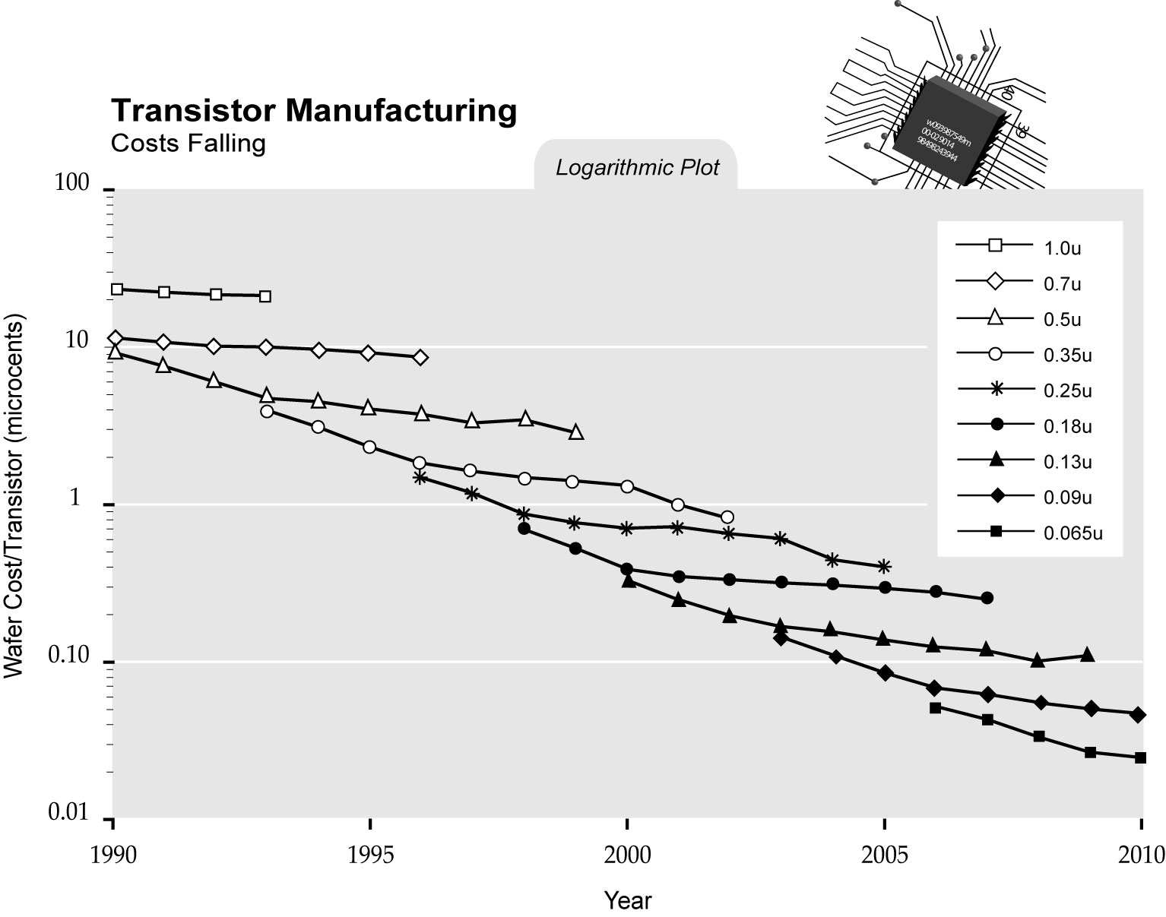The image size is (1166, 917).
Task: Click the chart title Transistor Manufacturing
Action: [314, 111]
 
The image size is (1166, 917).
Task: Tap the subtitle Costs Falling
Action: [188, 144]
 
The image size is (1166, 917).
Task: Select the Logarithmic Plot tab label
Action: [637, 168]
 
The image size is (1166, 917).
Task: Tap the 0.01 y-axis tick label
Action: [70, 813]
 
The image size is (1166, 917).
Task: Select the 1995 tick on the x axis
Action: [370, 855]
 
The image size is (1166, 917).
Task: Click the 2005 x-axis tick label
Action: [884, 855]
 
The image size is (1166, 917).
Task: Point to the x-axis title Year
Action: [628, 901]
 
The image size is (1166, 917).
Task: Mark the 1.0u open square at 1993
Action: [265, 296]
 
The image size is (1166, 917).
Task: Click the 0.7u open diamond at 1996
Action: [420, 358]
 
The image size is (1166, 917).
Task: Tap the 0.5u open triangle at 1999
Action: [576, 432]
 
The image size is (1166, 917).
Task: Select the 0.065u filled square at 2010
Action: [1140, 757]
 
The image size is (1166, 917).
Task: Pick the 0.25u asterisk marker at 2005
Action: [884, 566]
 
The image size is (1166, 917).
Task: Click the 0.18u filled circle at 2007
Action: [987, 598]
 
